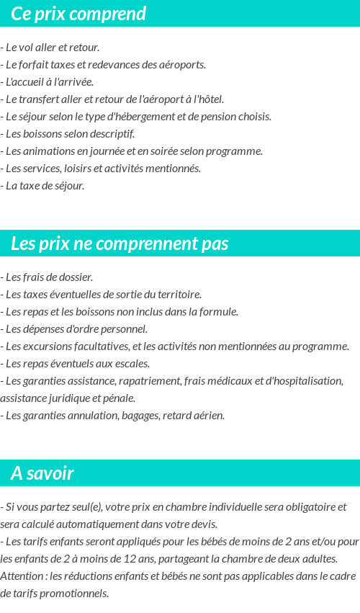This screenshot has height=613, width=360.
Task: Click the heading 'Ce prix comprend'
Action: [x=78, y=14]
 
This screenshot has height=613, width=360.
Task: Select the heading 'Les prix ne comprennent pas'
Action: [x=120, y=243]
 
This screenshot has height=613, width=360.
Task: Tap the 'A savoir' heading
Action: [x=42, y=473]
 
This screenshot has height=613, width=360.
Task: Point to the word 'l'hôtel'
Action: [x=209, y=99]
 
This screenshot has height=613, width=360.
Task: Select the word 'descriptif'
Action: [x=112, y=134]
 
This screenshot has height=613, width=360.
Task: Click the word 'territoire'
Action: [x=178, y=295]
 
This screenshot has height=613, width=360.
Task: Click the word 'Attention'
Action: [x=22, y=576]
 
